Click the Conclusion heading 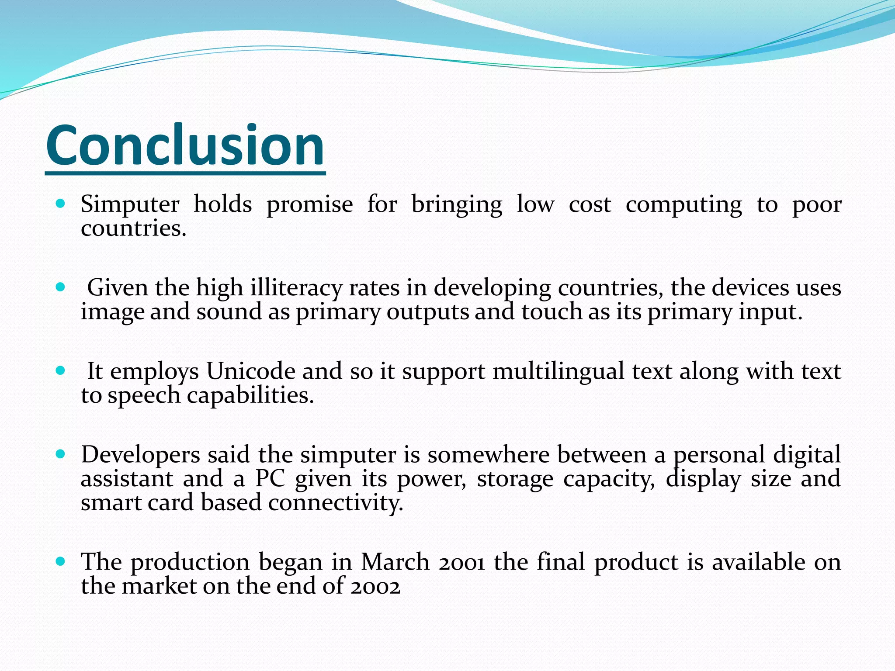pos(185,145)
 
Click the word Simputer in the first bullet pos(130,204)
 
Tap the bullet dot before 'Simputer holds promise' pos(61,204)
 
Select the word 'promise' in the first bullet pos(309,204)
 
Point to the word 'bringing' pos(457,204)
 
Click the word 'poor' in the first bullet pos(816,204)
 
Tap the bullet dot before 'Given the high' pos(61,287)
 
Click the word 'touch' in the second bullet pos(552,312)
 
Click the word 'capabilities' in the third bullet pos(250,395)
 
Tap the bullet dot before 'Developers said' pos(61,454)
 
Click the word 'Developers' pos(140,455)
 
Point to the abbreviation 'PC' pos(270,479)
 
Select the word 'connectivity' pos(335,503)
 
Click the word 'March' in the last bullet pos(395,562)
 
